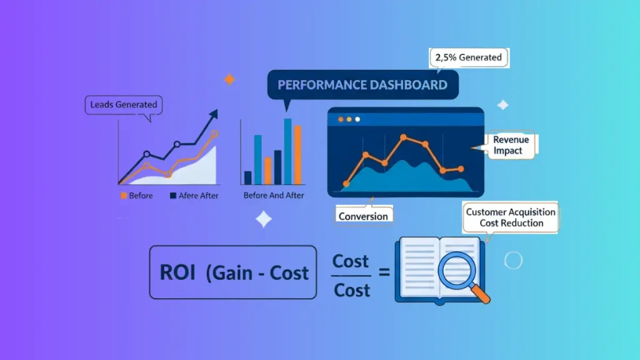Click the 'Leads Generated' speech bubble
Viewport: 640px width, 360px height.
(x=123, y=104)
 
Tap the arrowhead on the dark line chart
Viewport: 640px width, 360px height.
(x=214, y=114)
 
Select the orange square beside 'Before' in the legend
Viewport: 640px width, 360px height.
(x=123, y=196)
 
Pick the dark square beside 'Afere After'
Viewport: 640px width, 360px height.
(x=173, y=196)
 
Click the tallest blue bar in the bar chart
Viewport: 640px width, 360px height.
(x=287, y=151)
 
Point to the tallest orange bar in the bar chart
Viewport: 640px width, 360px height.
(x=297, y=154)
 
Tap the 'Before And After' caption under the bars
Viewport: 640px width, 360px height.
(x=274, y=196)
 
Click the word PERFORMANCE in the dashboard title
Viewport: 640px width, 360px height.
(x=316, y=85)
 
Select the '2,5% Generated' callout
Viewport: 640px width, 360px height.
(x=468, y=57)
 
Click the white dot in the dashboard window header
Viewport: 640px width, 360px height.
(x=357, y=119)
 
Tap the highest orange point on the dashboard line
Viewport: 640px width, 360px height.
(x=404, y=136)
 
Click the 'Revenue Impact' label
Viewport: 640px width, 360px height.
(x=511, y=146)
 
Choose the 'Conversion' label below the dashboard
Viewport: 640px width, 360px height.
(x=363, y=216)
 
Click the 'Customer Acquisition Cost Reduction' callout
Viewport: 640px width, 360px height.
(x=509, y=217)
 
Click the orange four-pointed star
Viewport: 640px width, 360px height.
(x=229, y=79)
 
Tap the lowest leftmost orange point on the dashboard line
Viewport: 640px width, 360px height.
(x=346, y=184)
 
